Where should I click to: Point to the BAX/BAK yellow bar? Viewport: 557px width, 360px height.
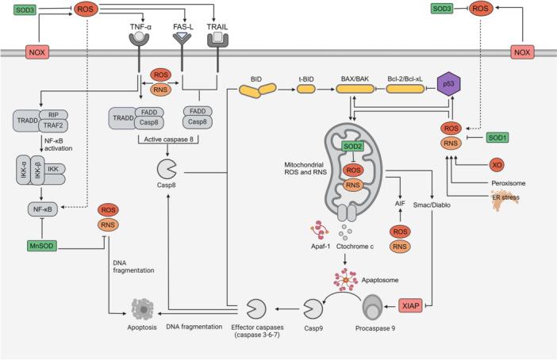tap(357, 90)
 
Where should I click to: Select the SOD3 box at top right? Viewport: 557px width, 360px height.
tap(444, 9)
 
